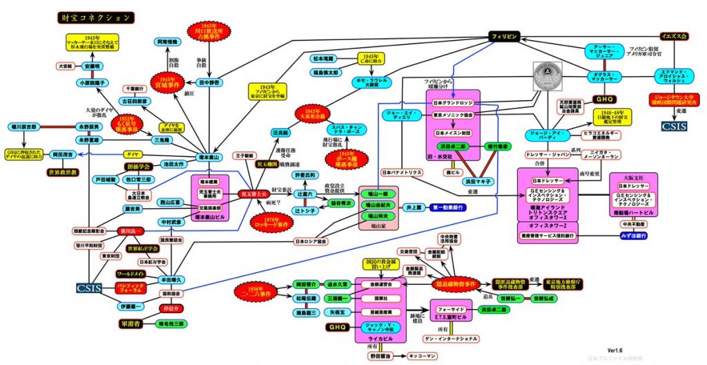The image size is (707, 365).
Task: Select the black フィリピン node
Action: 508,35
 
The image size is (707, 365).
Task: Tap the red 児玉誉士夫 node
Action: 257,194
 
